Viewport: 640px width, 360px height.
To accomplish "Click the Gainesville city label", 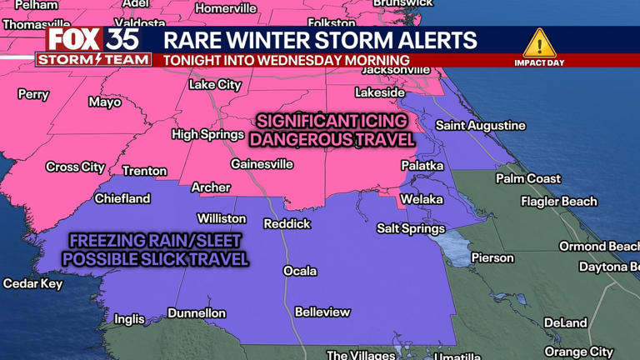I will point(262,164).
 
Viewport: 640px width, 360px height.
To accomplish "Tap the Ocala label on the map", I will point(300,271).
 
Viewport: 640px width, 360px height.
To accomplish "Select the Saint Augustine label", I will point(481,126).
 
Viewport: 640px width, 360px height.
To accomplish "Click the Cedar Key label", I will point(32,283).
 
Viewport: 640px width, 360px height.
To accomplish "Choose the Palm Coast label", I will point(528,178).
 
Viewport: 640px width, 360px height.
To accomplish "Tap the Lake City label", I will point(215,85).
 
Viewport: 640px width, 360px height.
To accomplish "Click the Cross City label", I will point(75,167).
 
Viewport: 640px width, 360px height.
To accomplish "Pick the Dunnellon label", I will point(197,313).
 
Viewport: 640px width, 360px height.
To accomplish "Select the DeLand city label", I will point(565,322).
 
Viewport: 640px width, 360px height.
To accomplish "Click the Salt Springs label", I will point(411,228).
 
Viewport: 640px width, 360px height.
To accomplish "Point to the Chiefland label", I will point(122,198).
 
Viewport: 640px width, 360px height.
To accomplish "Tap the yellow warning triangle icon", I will point(539,42).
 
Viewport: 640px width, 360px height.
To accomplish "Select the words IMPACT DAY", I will point(539,62).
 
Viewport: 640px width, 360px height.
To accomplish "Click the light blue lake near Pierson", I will point(453,247).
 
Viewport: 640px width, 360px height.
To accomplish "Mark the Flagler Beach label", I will point(559,201).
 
